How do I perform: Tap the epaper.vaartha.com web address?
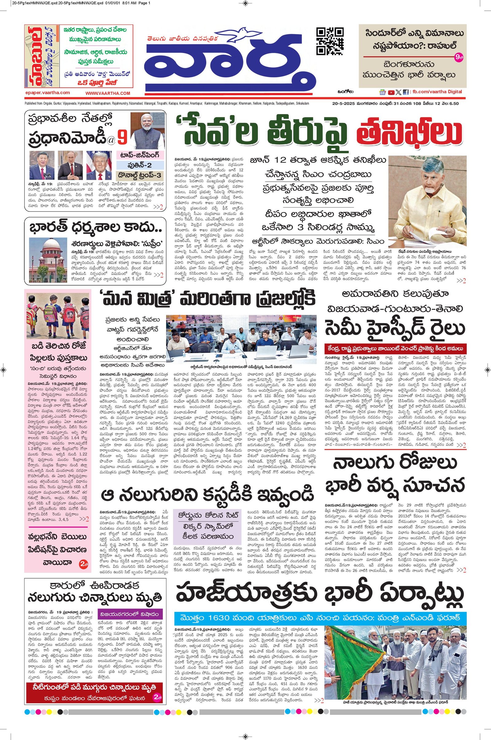(48, 93)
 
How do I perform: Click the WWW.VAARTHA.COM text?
(107, 93)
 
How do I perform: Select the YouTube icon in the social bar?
(391, 92)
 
